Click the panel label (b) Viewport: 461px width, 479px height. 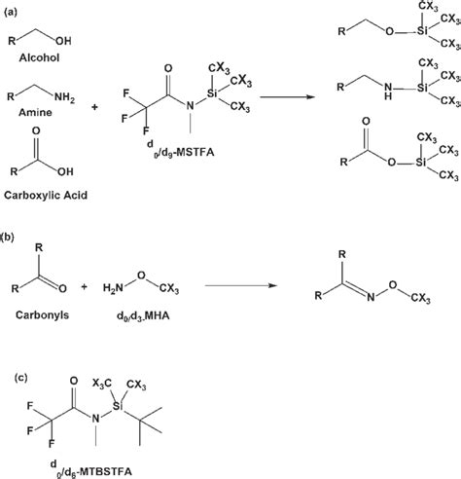(13, 235)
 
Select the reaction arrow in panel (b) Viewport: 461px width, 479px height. (232, 284)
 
